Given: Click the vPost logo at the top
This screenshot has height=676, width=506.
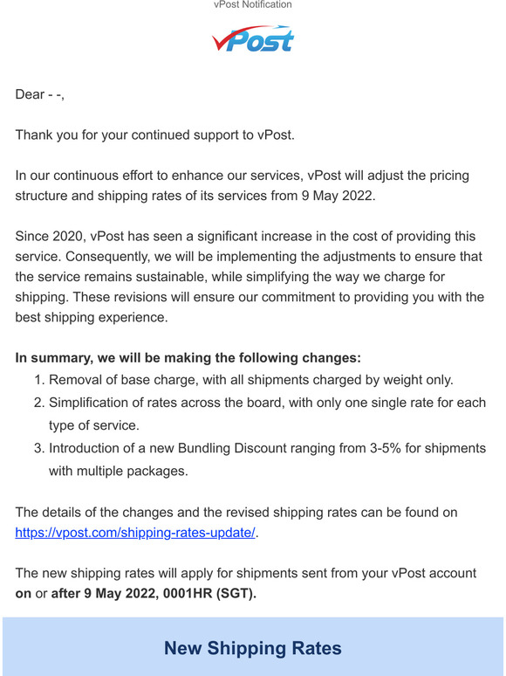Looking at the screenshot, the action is (253, 38).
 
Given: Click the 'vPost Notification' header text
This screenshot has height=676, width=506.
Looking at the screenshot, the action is (253, 5).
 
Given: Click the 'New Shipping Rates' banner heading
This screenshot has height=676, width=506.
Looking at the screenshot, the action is (253, 648).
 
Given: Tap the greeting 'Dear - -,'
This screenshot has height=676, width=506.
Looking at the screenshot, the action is (40, 94).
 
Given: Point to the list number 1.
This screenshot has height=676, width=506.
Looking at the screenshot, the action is (38, 380).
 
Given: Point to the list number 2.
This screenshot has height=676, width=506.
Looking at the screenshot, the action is (38, 403).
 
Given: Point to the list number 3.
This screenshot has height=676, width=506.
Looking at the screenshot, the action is (38, 448).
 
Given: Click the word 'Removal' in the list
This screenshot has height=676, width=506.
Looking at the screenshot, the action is (76, 380).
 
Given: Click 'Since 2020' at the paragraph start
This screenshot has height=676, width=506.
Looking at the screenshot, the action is (49, 236).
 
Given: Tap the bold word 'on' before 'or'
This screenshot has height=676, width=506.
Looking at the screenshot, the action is (24, 594).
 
